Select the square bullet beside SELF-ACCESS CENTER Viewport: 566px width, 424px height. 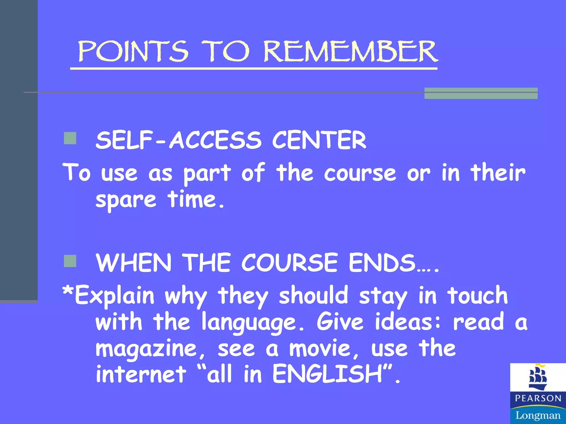pos(70,138)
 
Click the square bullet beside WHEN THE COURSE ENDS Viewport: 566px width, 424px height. pos(70,261)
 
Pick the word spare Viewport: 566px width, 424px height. pos(126,200)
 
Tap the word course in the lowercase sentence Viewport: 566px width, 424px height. pos(360,173)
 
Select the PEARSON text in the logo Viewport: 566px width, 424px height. pos(538,398)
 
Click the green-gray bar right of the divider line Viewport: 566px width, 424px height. pos(481,93)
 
